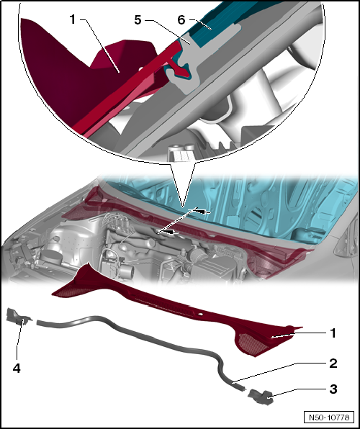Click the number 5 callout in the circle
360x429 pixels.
[x=138, y=20]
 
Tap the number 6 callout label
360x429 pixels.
[x=181, y=20]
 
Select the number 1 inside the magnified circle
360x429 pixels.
[x=72, y=19]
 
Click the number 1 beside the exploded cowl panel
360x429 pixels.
[x=333, y=333]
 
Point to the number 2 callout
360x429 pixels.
[x=333, y=363]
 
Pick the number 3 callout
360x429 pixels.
[x=333, y=389]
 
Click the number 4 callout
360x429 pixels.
[x=17, y=369]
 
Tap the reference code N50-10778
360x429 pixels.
[x=329, y=417]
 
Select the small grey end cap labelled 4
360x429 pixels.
[x=18, y=316]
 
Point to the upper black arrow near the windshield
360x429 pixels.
[x=203, y=212]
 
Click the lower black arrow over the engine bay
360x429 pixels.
[x=171, y=232]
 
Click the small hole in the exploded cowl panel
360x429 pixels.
[x=200, y=314]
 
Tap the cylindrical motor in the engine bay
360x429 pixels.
[x=125, y=271]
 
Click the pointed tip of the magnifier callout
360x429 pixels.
[x=182, y=207]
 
